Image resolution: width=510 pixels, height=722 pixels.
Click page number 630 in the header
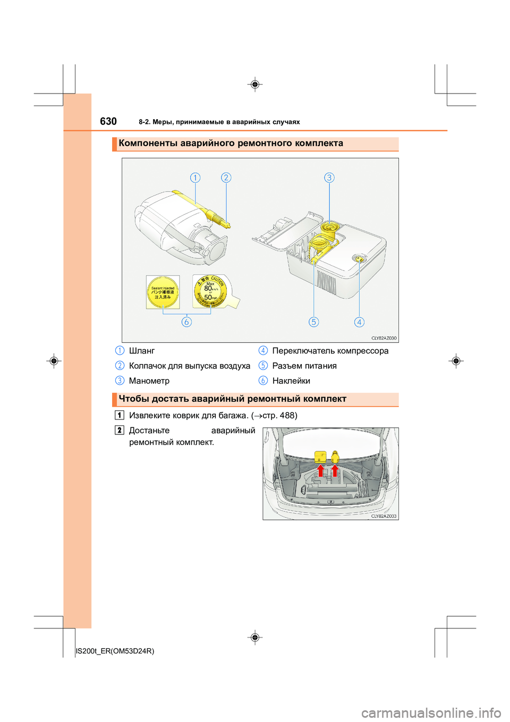coord(108,121)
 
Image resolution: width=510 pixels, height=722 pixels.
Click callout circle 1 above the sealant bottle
coord(195,178)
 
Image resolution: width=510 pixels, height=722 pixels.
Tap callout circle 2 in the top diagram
coord(226,178)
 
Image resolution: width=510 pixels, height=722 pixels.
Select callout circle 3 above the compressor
coord(329,178)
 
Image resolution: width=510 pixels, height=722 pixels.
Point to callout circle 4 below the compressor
coord(359,322)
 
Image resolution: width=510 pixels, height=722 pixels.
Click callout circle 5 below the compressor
coord(314,322)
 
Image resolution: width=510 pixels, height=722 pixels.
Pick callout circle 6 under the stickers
coord(186,322)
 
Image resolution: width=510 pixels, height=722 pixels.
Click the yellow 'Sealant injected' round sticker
coord(163,292)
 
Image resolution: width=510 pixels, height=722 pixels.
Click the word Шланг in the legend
coord(142,351)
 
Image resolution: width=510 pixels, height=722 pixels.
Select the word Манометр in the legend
coord(149,381)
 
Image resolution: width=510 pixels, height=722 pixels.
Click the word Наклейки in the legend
coord(291,381)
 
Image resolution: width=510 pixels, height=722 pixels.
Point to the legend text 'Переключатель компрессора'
coord(330,351)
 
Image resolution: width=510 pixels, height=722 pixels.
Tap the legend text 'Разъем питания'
coord(304,366)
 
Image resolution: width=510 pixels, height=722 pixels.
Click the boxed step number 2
coord(120,430)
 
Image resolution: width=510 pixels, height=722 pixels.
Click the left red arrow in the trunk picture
coord(321,471)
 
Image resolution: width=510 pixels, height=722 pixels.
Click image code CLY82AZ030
coord(384,338)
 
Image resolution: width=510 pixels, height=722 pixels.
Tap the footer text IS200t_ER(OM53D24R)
coord(115,651)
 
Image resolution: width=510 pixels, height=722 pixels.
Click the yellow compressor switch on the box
coord(359,259)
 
